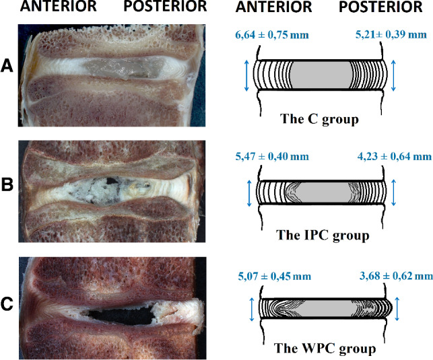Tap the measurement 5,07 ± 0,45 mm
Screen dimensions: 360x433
coord(274,275)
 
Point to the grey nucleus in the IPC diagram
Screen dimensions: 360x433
coord(320,192)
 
